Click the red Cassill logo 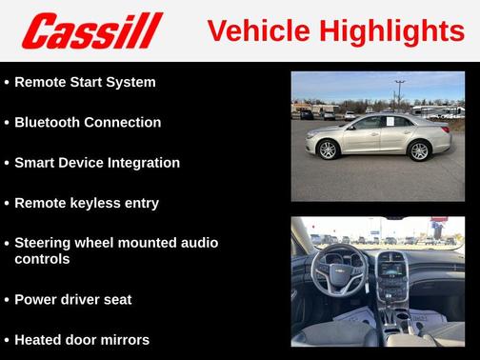click(92, 30)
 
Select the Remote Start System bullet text click(85, 82)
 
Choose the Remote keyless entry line click(87, 203)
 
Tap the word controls click(42, 259)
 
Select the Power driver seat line click(73, 299)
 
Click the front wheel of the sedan click(329, 150)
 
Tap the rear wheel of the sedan click(419, 150)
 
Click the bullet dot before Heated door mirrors click(6, 340)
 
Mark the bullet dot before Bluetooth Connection click(6, 123)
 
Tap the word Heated click(39, 339)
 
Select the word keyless click(95, 203)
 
